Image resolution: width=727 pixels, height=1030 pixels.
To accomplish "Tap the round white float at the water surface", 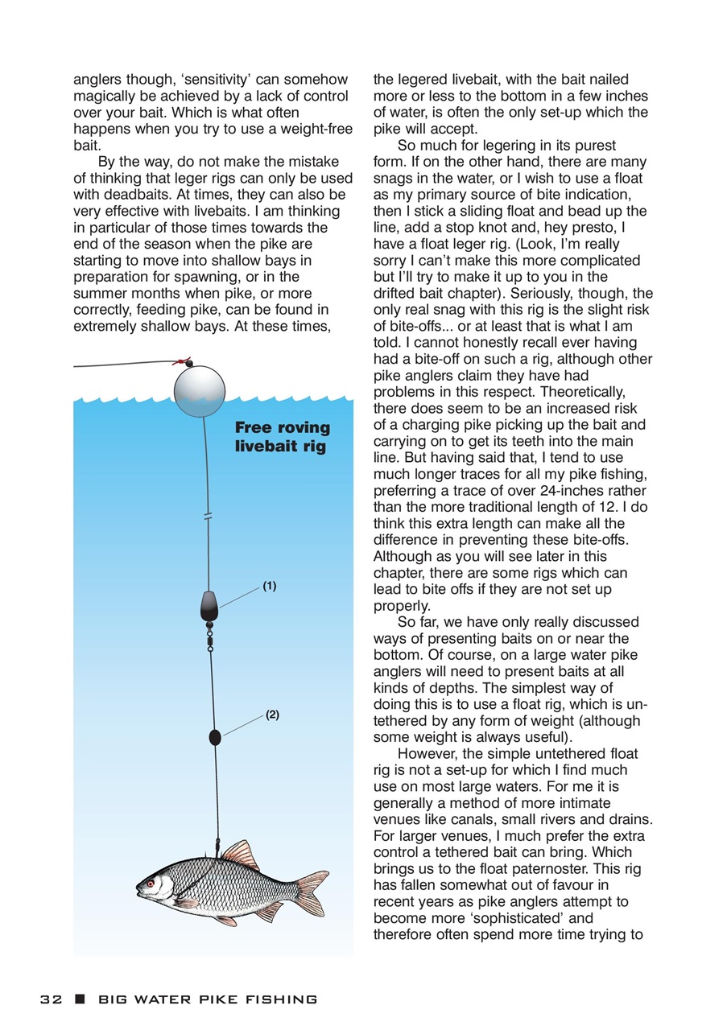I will pos(200,390).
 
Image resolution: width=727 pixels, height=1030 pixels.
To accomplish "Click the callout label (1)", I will pos(269,587).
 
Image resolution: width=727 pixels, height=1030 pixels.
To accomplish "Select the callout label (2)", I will pos(272,715).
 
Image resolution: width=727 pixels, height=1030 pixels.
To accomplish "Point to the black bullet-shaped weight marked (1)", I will pos(209,605).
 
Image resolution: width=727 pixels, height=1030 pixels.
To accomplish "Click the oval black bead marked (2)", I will pos(215,736).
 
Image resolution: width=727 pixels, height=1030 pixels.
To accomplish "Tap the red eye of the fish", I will pos(150,884).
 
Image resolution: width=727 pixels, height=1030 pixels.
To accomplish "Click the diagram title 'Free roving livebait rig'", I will pos(282,437).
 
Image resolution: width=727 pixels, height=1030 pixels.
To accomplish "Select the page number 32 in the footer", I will pos(52,999).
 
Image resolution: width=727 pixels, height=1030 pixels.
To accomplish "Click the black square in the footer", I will pos(79,999).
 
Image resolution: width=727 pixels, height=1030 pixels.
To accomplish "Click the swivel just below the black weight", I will pos(210,634).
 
